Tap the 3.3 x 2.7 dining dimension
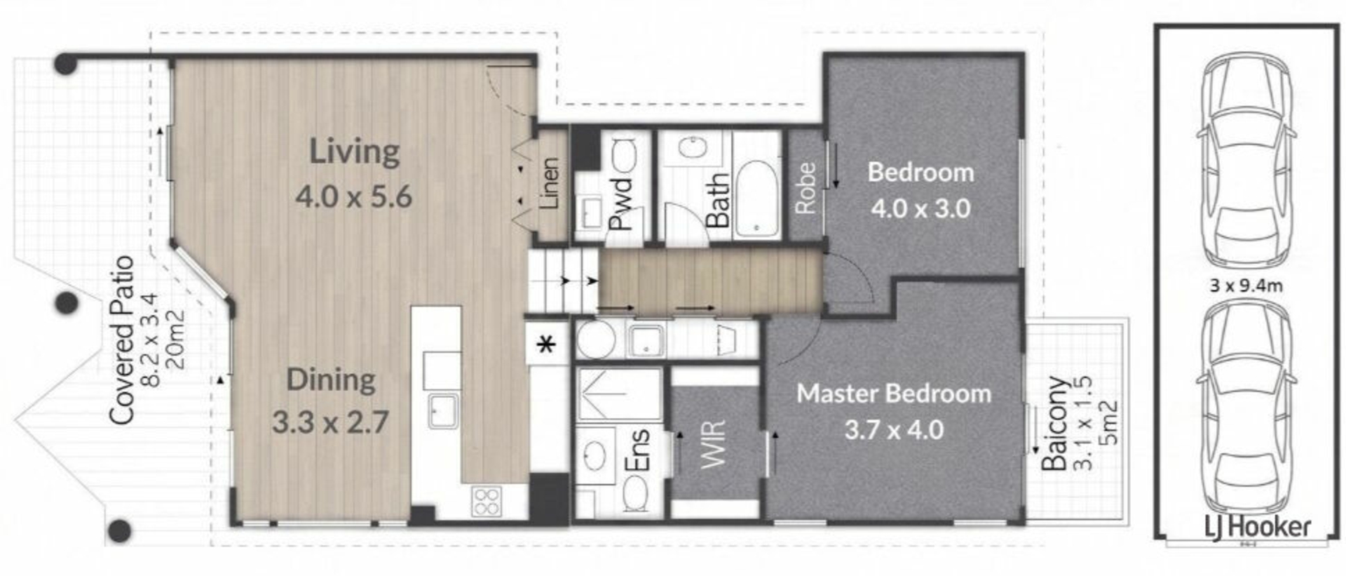click(x=330, y=422)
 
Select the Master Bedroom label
click(x=894, y=394)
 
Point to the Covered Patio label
click(x=121, y=340)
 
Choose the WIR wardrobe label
click(x=714, y=444)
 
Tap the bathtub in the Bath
click(x=758, y=199)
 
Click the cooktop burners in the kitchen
click(x=487, y=502)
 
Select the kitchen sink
click(x=444, y=410)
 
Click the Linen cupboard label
click(x=550, y=184)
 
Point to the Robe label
click(x=805, y=188)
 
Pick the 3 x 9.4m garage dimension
click(x=1246, y=286)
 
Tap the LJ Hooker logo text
click(x=1258, y=527)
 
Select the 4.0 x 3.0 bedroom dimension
click(x=920, y=208)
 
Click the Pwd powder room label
click(x=621, y=203)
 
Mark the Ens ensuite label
click(x=637, y=450)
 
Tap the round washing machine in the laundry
click(x=596, y=340)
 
